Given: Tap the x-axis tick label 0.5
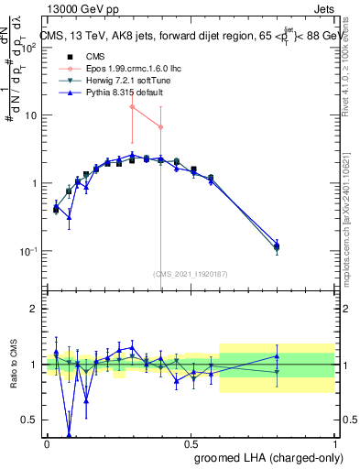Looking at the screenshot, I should [x=191, y=443].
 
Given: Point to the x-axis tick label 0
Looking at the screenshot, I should [x=48, y=443].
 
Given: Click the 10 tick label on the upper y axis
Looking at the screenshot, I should [x=31, y=115].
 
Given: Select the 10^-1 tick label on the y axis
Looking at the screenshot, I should [x=29, y=251].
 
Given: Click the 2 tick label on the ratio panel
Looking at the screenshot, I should [x=35, y=309].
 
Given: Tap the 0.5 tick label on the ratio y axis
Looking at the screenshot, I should [x=30, y=420].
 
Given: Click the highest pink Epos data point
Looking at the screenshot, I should [x=133, y=107].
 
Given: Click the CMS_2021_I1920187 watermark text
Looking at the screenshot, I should [x=190, y=272].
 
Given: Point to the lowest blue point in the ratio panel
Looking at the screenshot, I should [x=70, y=434].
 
